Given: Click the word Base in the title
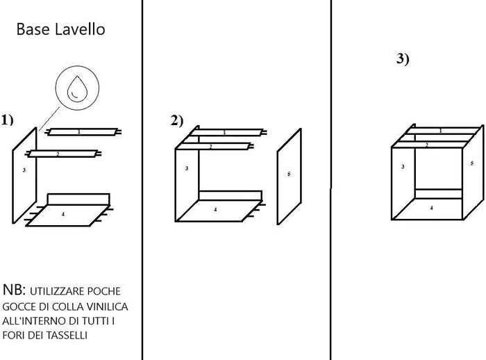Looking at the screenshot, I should pos(31,30).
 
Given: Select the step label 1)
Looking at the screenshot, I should pos(8,120).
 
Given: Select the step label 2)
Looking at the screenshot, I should pos(176,120).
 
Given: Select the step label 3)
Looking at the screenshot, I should pos(403,59).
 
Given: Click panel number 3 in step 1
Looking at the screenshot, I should pos(24,170).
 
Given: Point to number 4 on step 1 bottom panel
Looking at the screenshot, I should pos(63,215).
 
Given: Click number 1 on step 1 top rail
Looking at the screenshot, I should pos(78,131).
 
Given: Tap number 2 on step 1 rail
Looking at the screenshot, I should pos(58,154).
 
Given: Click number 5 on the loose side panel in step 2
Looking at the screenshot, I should pos(289,174).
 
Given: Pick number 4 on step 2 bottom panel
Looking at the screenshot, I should pos(215,209).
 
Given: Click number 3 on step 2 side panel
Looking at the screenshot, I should pos(187,169).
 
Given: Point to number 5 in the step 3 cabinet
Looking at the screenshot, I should pos(471,163).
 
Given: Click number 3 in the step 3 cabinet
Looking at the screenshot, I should pos(403,167).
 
